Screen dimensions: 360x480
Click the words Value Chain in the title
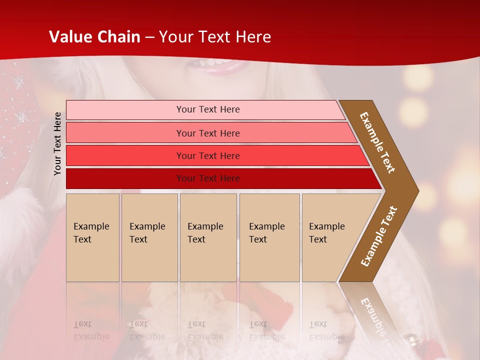point(95,37)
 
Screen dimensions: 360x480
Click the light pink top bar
point(125,110)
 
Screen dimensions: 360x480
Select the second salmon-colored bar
point(125,133)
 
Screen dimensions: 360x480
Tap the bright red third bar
point(125,156)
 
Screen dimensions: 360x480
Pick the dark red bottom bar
point(125,178)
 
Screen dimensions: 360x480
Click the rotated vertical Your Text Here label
point(57,143)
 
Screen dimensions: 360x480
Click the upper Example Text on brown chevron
point(377,142)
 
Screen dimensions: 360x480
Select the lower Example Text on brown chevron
point(378,236)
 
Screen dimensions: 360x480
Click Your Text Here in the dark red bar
point(208,178)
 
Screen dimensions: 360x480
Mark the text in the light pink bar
point(208,109)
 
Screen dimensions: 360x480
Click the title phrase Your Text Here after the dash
point(215,37)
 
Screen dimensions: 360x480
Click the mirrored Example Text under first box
point(90,330)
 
